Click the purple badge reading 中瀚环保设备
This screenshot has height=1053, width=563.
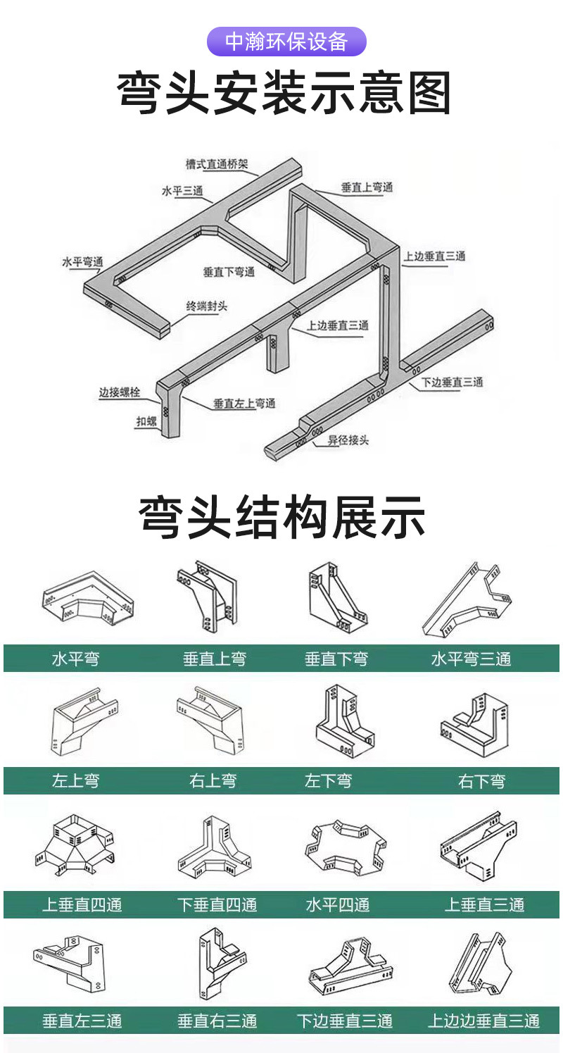(x=286, y=42)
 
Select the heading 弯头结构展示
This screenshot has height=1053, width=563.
(x=282, y=517)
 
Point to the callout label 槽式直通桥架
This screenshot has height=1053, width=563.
(x=217, y=164)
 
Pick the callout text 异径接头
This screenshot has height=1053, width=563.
(x=348, y=440)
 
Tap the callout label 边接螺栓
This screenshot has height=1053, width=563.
(x=120, y=392)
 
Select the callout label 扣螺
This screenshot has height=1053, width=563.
(x=146, y=421)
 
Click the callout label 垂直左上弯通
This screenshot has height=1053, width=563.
(x=244, y=404)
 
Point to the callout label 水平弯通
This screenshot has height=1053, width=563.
(x=82, y=262)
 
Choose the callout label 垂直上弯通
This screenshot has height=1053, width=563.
(x=367, y=187)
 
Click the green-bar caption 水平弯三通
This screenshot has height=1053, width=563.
(x=471, y=659)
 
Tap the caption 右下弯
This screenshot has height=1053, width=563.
(x=481, y=781)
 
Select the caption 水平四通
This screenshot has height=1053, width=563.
(x=338, y=904)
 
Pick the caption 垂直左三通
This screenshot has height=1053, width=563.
(x=82, y=1021)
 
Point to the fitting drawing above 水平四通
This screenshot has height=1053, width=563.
(x=345, y=847)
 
